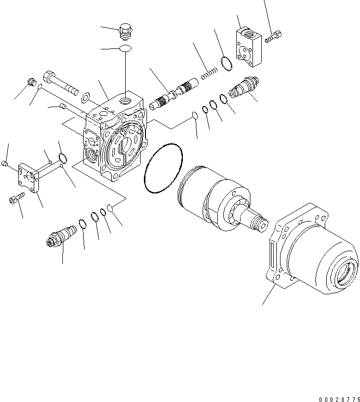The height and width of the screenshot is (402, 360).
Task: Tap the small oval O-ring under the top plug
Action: pyautogui.click(x=125, y=49)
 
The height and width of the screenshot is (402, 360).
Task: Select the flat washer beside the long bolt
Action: pyautogui.click(x=87, y=96)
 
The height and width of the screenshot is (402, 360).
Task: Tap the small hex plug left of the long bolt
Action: pyautogui.click(x=31, y=82)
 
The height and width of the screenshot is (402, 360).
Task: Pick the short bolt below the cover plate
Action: pyautogui.click(x=16, y=198)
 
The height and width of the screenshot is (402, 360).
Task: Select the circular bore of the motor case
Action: pyautogui.click(x=345, y=273)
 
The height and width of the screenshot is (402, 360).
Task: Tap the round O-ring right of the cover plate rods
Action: pyautogui.click(x=62, y=158)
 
